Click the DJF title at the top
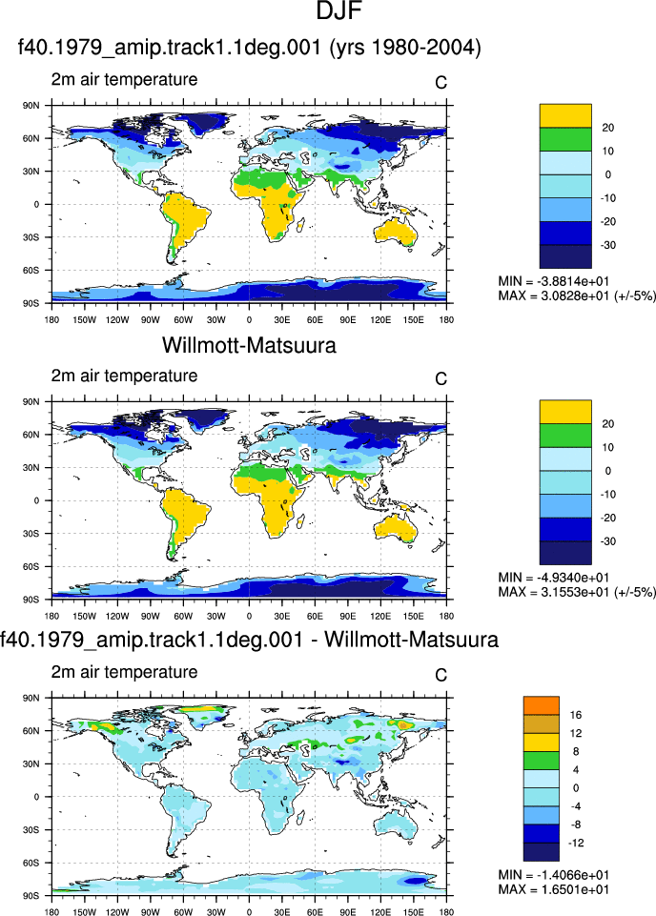click(x=339, y=10)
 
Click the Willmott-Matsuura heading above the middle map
click(x=249, y=345)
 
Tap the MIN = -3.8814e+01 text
click(x=553, y=281)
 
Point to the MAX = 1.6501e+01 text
click(x=553, y=889)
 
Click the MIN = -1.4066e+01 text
click(x=553, y=875)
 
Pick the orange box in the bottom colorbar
click(x=541, y=705)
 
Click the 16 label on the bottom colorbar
click(x=575, y=715)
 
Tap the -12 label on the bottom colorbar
click(x=574, y=843)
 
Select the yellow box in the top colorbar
click(x=565, y=115)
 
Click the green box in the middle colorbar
click(x=565, y=436)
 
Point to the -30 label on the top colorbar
click(x=607, y=245)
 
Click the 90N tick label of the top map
click(x=31, y=106)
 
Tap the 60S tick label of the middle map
click(x=31, y=566)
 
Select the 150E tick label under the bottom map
click(x=413, y=912)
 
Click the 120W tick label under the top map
click(x=117, y=319)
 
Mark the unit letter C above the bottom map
click(x=441, y=675)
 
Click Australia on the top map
click(x=396, y=232)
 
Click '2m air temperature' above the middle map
click(x=124, y=376)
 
